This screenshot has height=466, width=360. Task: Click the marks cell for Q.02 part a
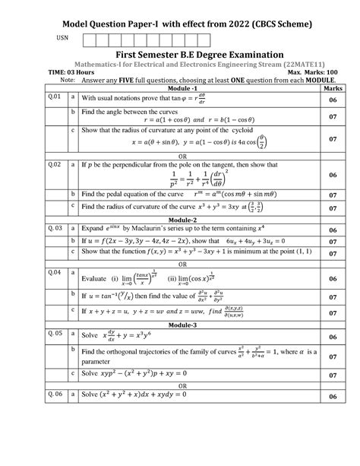(x=333, y=176)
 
